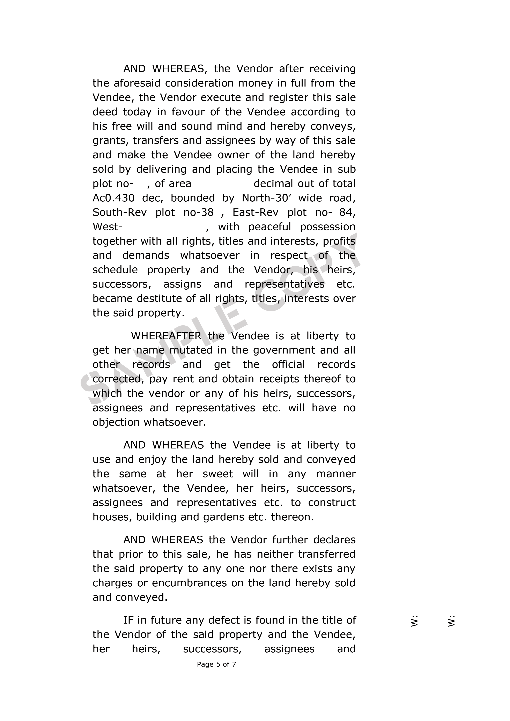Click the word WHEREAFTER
(x=166, y=336)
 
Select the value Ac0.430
(x=113, y=198)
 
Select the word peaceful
(x=269, y=227)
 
